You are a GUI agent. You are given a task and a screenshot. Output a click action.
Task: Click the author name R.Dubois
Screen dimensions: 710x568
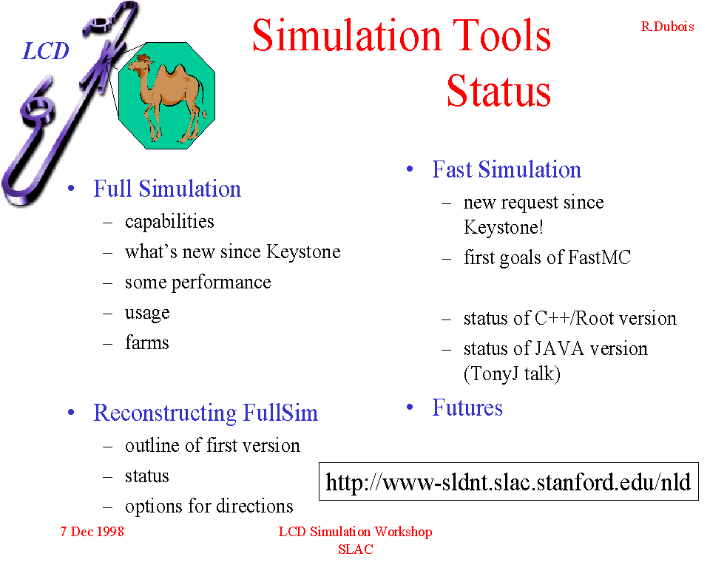667,27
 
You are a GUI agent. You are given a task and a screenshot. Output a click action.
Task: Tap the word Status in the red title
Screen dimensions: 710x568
498,90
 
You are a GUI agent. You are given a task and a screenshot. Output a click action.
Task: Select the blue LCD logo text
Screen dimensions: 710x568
45,51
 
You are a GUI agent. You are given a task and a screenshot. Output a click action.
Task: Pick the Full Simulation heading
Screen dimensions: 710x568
167,189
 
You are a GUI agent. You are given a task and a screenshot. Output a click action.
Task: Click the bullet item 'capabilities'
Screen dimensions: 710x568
169,222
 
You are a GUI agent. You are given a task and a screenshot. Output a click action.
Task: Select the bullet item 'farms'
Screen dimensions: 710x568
146,342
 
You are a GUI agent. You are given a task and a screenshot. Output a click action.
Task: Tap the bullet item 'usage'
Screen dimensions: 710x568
147,313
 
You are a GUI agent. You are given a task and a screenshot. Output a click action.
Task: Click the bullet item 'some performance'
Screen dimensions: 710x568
198,283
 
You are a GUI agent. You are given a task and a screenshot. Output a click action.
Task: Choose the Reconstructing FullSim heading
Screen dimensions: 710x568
206,413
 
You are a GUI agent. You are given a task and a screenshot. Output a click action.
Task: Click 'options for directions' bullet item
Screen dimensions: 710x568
209,507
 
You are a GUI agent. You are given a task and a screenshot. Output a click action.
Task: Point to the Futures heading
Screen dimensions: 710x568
467,408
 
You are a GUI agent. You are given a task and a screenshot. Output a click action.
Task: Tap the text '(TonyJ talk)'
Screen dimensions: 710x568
512,374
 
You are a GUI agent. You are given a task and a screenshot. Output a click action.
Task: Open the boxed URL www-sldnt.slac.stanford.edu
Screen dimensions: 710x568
508,482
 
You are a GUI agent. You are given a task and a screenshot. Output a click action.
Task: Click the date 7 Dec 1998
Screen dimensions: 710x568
92,531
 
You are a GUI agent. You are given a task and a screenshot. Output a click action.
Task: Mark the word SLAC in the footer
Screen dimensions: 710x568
356,550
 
